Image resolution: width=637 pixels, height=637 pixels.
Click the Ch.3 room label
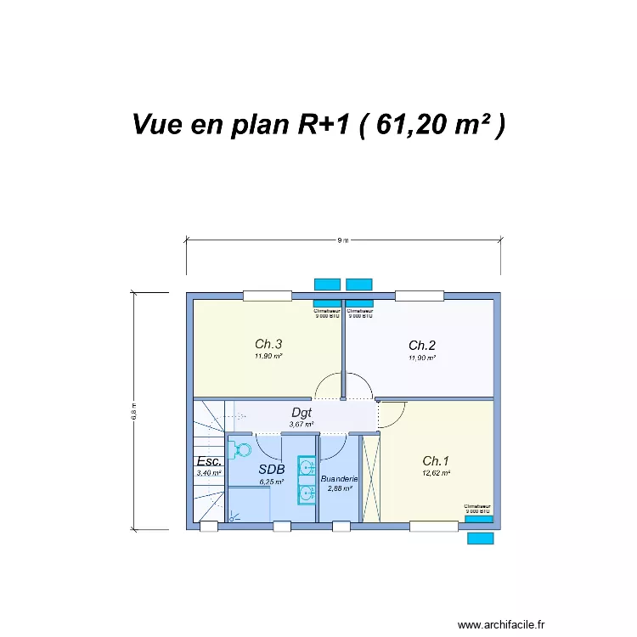[268, 344]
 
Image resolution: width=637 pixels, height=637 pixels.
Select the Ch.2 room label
[422, 345]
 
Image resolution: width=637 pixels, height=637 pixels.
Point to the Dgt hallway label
[302, 413]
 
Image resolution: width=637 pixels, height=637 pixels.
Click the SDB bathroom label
[272, 469]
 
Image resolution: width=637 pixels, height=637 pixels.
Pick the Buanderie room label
[340, 479]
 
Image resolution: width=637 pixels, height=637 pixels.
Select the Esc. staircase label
[209, 461]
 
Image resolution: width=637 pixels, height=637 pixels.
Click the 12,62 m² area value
[437, 473]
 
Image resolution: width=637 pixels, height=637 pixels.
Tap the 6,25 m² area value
[272, 482]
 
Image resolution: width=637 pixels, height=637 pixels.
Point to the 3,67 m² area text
[302, 424]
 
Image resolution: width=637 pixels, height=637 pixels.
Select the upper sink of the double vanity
[306, 465]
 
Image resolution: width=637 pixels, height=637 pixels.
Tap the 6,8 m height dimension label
[133, 411]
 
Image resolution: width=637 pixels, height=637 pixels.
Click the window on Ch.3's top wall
[268, 296]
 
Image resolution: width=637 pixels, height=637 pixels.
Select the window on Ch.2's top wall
[420, 296]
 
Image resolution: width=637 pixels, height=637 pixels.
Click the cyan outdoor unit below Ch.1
[481, 538]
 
